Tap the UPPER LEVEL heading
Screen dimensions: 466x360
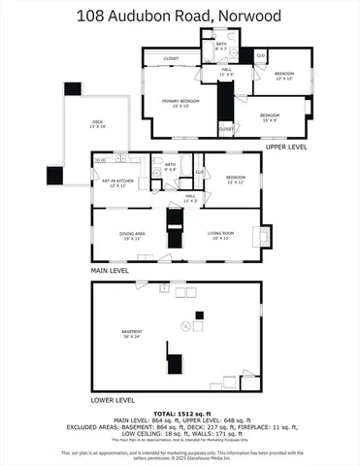pyautogui.click(x=285, y=147)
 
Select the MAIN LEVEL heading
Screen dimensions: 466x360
pyautogui.click(x=110, y=271)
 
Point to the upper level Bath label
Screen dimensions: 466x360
pyautogui.click(x=220, y=45)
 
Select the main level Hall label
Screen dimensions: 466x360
pyautogui.click(x=191, y=197)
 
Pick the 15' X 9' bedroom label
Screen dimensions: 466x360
pyautogui.click(x=268, y=118)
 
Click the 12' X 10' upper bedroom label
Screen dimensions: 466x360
pyautogui.click(x=283, y=76)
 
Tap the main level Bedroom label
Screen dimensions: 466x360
pyautogui.click(x=236, y=179)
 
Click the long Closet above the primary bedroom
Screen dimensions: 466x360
pyautogui.click(x=171, y=58)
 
